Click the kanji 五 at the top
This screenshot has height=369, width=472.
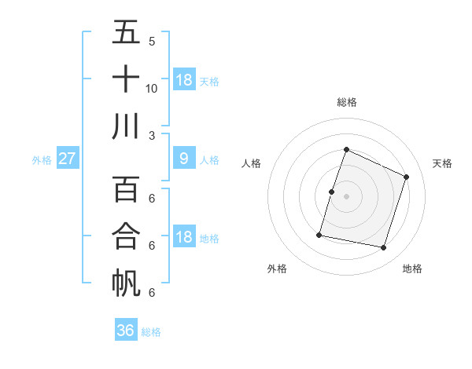(x=126, y=33)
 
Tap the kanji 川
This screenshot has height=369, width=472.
(x=126, y=126)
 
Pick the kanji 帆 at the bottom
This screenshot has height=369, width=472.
(x=126, y=283)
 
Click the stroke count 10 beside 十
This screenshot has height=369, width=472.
(x=152, y=88)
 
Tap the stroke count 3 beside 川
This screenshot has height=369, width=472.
(x=151, y=135)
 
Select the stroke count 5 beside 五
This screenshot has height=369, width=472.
(x=151, y=41)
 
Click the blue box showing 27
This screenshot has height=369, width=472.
(x=67, y=159)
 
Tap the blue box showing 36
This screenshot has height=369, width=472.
(x=126, y=331)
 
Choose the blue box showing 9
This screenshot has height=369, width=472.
(x=183, y=159)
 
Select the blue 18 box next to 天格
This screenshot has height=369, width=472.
(x=184, y=79)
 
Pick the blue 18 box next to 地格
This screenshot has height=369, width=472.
(x=184, y=237)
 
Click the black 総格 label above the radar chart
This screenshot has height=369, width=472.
(x=346, y=102)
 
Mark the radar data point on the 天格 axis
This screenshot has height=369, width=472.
(x=407, y=177)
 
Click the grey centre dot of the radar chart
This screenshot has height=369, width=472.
(x=346, y=196)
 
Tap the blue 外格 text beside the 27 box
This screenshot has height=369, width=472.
(x=42, y=160)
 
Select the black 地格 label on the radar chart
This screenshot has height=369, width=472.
(x=412, y=269)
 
